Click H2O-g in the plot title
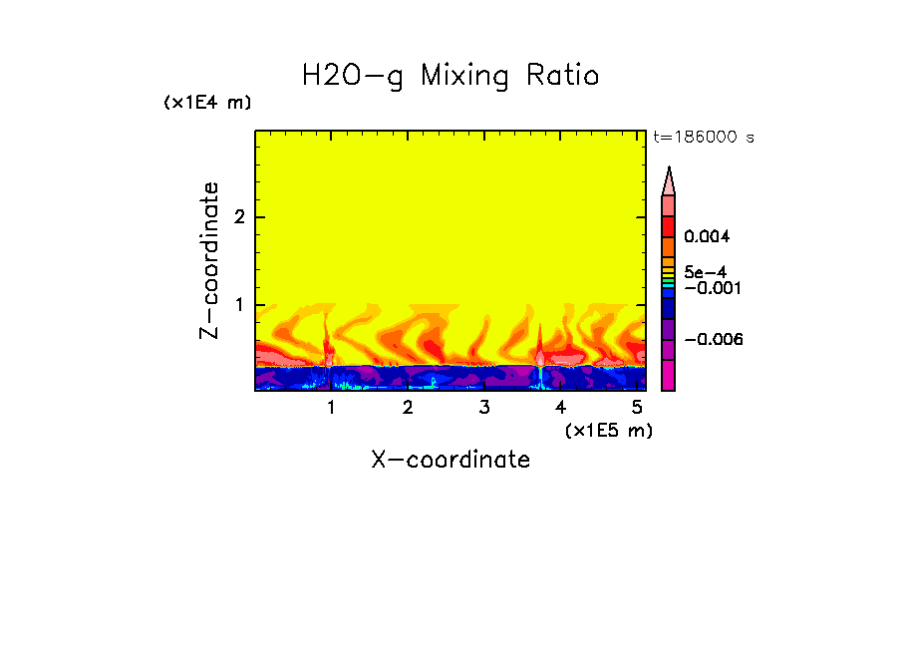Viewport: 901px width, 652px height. point(353,76)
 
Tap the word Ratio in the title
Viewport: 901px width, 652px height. point(562,76)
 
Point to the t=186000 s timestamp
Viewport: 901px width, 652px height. point(703,138)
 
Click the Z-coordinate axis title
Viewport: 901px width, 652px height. point(209,260)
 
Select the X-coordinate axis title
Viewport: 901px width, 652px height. point(450,460)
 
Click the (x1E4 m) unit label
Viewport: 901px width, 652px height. point(207,103)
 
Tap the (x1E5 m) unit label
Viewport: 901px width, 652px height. point(608,430)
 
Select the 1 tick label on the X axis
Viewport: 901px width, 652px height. point(332,407)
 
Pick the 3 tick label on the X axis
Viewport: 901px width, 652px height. point(484,407)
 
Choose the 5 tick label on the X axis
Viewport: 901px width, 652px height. point(638,407)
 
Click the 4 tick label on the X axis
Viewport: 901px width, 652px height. point(561,407)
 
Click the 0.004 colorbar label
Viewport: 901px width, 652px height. point(707,237)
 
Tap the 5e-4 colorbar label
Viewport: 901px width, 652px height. point(705,272)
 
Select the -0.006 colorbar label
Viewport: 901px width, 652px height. point(710,340)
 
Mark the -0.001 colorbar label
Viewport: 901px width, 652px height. point(710,288)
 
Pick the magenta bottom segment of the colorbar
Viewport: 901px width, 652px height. point(669,376)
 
